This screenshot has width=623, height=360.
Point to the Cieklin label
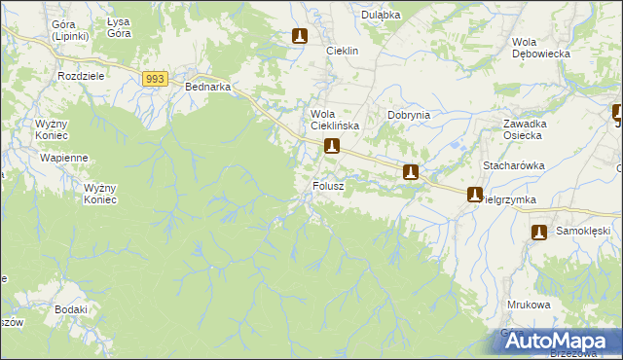click(343, 51)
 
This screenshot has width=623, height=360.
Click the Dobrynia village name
click(409, 115)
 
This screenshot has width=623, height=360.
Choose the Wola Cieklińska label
click(335, 120)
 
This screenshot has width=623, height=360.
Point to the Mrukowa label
click(529, 305)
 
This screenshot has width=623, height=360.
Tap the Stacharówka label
click(513, 166)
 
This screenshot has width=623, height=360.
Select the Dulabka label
click(382, 15)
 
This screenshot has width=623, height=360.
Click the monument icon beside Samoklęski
click(540, 232)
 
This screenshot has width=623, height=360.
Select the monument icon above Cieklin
click(300, 37)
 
